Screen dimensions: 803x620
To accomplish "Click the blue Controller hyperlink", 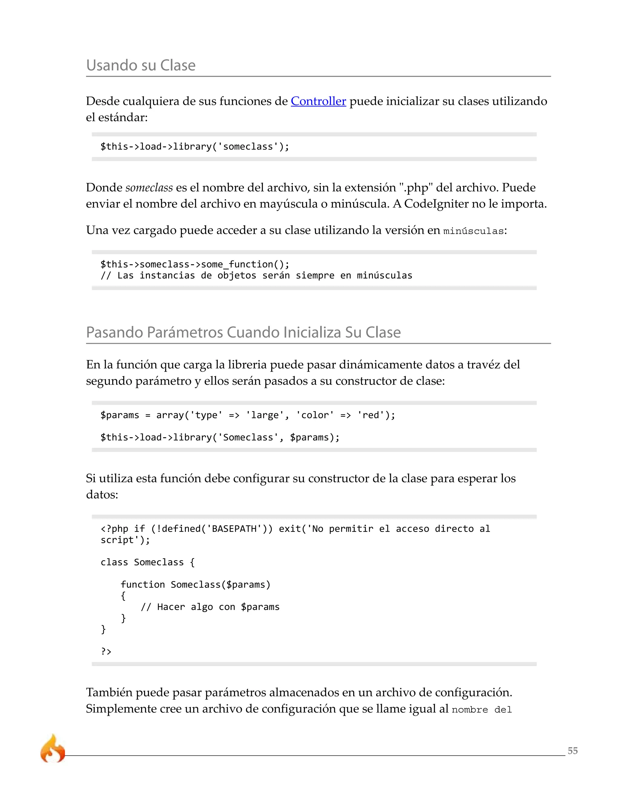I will coord(318,101).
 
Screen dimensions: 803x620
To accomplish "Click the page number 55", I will coord(572,751).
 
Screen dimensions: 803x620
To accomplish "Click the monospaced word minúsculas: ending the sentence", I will coord(475,231).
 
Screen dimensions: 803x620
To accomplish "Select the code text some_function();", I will coord(245,264).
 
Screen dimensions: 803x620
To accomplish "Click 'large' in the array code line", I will coord(265,415).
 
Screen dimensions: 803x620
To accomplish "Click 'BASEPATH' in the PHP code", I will coord(234,529).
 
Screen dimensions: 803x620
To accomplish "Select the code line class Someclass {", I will coord(148,562).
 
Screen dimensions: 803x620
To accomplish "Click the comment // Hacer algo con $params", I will coord(210,607).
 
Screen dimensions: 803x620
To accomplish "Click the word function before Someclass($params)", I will coord(143,585).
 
